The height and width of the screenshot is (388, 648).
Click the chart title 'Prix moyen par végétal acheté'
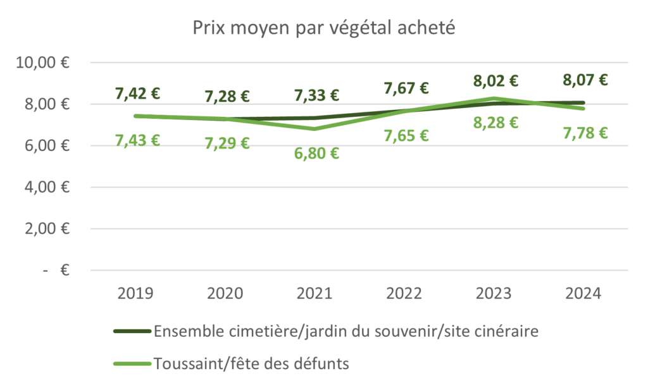click(x=323, y=29)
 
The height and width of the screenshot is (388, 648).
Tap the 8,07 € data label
click(x=585, y=80)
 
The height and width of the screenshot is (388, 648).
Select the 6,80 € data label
click(x=317, y=154)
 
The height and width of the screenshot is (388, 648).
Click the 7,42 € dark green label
click(x=137, y=94)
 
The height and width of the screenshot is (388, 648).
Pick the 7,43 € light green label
click(x=137, y=140)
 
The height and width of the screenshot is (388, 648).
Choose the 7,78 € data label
click(x=585, y=133)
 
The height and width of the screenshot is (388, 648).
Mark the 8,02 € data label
click(x=496, y=81)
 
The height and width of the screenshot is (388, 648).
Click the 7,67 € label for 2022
click(x=407, y=88)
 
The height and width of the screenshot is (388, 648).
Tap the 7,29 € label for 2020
click(x=227, y=143)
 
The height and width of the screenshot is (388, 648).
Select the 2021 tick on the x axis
click(x=317, y=294)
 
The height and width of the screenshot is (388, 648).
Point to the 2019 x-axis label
click(x=137, y=294)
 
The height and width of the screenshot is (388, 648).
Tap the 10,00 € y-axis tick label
click(x=45, y=63)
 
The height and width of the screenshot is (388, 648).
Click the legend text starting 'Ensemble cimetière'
click(x=346, y=331)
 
